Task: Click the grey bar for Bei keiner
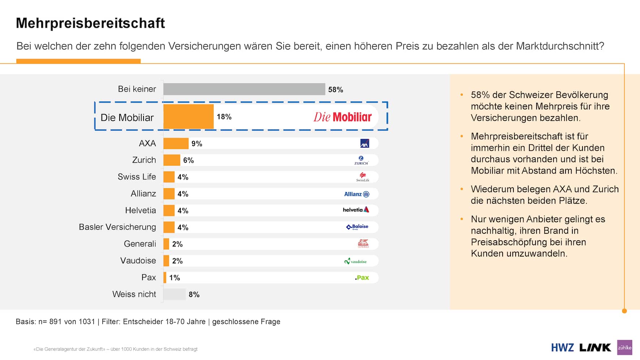tap(244, 89)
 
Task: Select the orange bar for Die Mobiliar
tap(188, 117)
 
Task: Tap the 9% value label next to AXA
tap(197, 144)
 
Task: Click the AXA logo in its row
tap(364, 144)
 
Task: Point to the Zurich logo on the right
tap(361, 160)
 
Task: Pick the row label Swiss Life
tap(137, 177)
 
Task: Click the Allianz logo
tap(357, 194)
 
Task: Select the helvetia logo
tap(356, 210)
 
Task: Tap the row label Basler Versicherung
tap(118, 227)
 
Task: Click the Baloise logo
tap(357, 227)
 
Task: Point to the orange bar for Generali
tap(166, 244)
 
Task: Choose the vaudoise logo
tap(355, 261)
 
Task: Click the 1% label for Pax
tap(175, 278)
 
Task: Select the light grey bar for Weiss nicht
tap(174, 295)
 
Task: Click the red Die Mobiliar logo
tap(342, 117)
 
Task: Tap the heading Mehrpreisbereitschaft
tap(90, 23)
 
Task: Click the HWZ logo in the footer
tap(562, 348)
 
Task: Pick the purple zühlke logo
tap(624, 347)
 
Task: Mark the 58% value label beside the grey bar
tap(336, 90)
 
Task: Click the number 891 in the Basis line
tap(55, 322)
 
